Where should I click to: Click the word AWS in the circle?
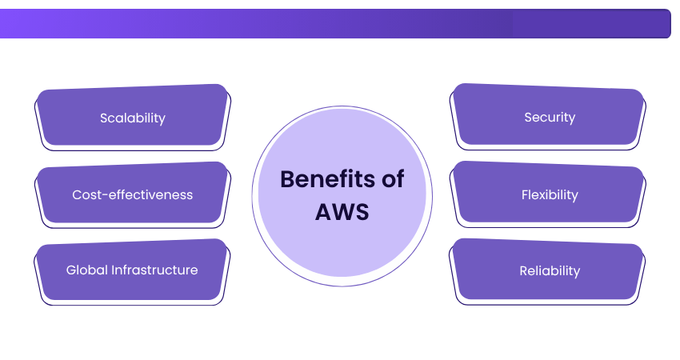pyautogui.click(x=342, y=214)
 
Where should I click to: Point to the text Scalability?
pyautogui.click(x=132, y=118)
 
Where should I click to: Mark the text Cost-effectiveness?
pyautogui.click(x=132, y=194)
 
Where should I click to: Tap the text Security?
pyautogui.click(x=550, y=118)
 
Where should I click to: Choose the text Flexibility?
pyautogui.click(x=550, y=194)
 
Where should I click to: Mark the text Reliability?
pyautogui.click(x=550, y=270)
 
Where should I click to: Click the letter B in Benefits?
pyautogui.click(x=287, y=179)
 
